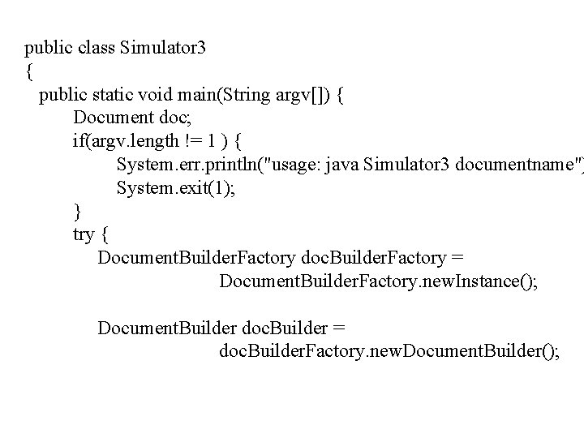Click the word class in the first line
(97, 48)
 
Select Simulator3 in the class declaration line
(162, 48)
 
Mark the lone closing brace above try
(77, 212)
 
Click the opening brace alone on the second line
(29, 72)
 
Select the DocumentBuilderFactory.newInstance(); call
(377, 282)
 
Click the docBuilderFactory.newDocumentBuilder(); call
(389, 352)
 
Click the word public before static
(63, 96)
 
